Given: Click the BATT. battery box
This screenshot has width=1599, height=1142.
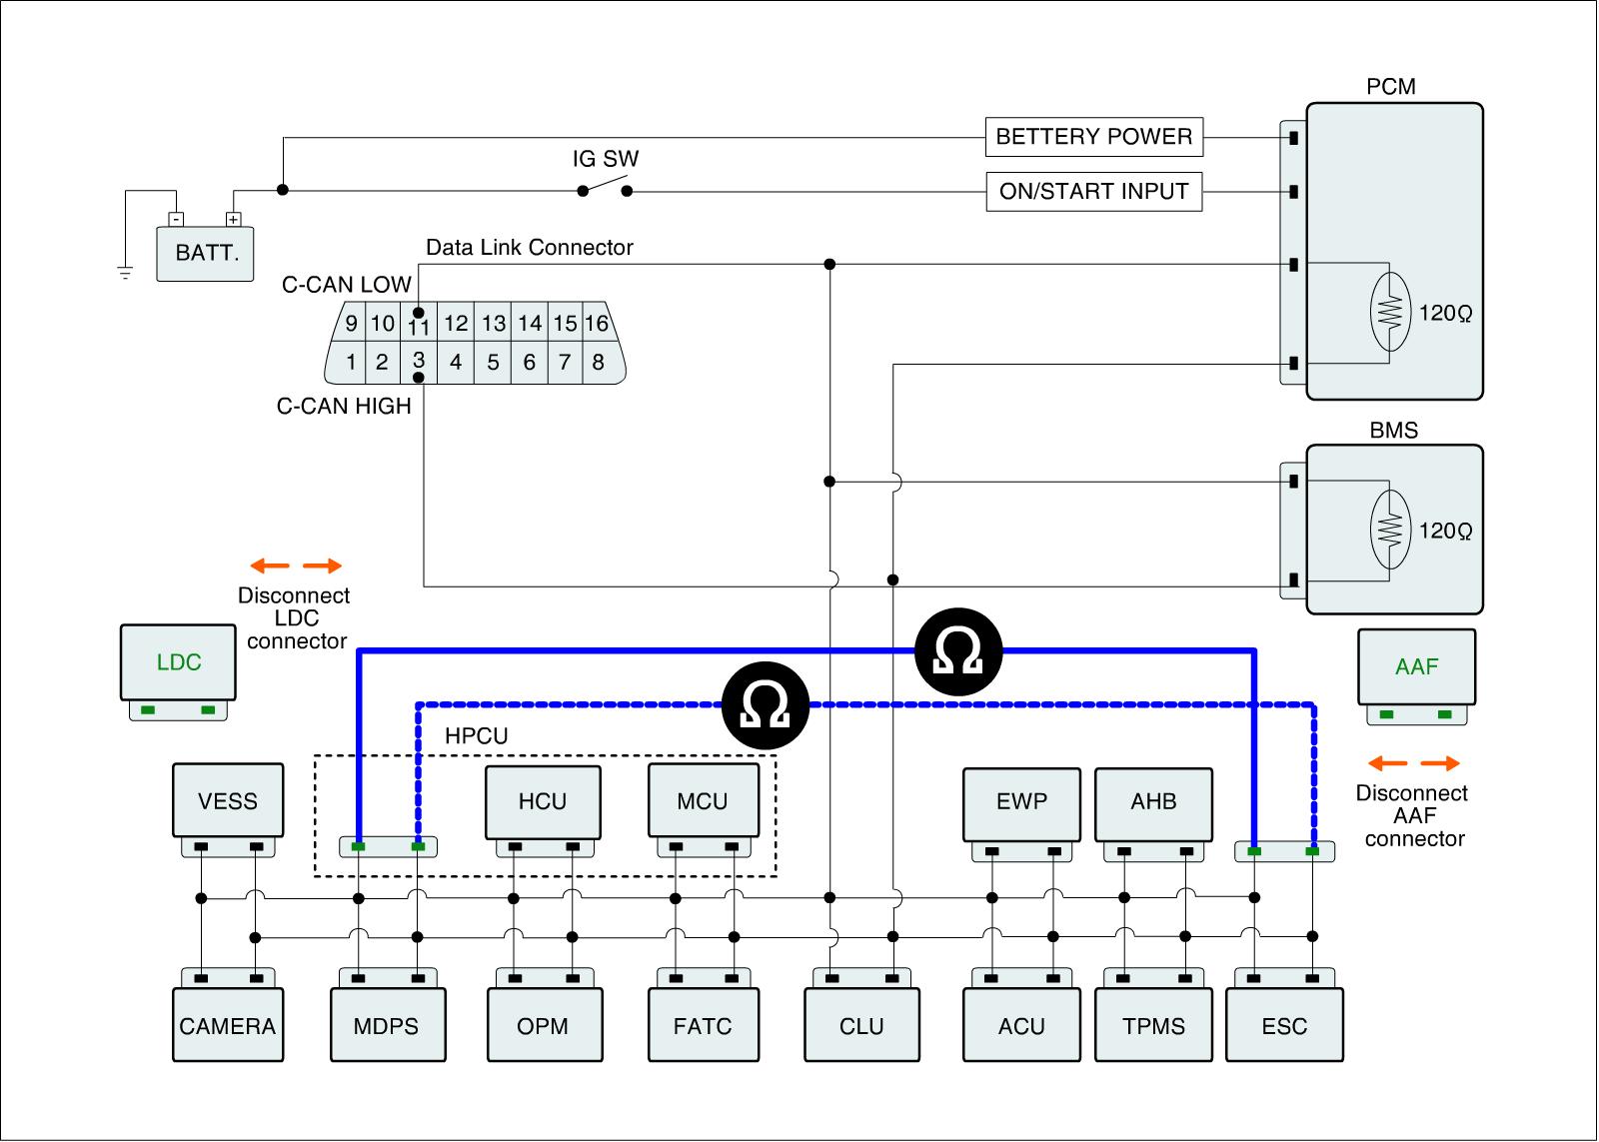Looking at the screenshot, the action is pos(205,254).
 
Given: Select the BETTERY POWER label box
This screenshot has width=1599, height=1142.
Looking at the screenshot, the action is pos(1093,136).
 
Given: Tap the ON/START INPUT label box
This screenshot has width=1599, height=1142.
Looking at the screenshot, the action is pos(1093,191).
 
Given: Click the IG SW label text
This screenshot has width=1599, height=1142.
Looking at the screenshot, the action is pos(606,159).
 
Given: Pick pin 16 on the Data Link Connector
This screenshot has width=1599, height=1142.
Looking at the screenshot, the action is pos(597,324).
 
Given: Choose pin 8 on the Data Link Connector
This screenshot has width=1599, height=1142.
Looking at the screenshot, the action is pos(599,362).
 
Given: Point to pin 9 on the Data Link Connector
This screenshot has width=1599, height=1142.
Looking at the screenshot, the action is pos(351,324).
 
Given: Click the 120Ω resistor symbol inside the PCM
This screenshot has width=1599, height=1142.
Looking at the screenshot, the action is pos(1390,312).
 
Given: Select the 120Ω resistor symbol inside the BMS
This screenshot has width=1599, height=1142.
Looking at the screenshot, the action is pos(1390,530).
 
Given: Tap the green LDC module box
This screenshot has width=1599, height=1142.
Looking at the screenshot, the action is pos(178,662).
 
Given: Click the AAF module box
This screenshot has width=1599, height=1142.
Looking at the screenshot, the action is pos(1416,666).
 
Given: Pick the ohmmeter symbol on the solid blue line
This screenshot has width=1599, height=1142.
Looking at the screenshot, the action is pos(958,651).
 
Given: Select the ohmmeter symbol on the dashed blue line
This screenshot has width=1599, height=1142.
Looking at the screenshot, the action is pos(766,705).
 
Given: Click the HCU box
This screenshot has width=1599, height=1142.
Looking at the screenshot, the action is pos(543,802).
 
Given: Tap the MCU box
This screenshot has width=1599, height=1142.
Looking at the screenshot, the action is pos(704,800).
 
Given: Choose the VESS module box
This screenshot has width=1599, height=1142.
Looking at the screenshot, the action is pos(228,800).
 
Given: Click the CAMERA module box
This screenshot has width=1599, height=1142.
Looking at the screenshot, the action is pos(228,1025).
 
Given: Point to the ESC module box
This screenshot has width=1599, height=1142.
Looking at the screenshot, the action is pos(1284,1025).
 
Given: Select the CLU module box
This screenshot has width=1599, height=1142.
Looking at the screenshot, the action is pos(861,1025).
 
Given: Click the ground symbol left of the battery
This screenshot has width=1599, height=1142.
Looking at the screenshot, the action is pos(125,272).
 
